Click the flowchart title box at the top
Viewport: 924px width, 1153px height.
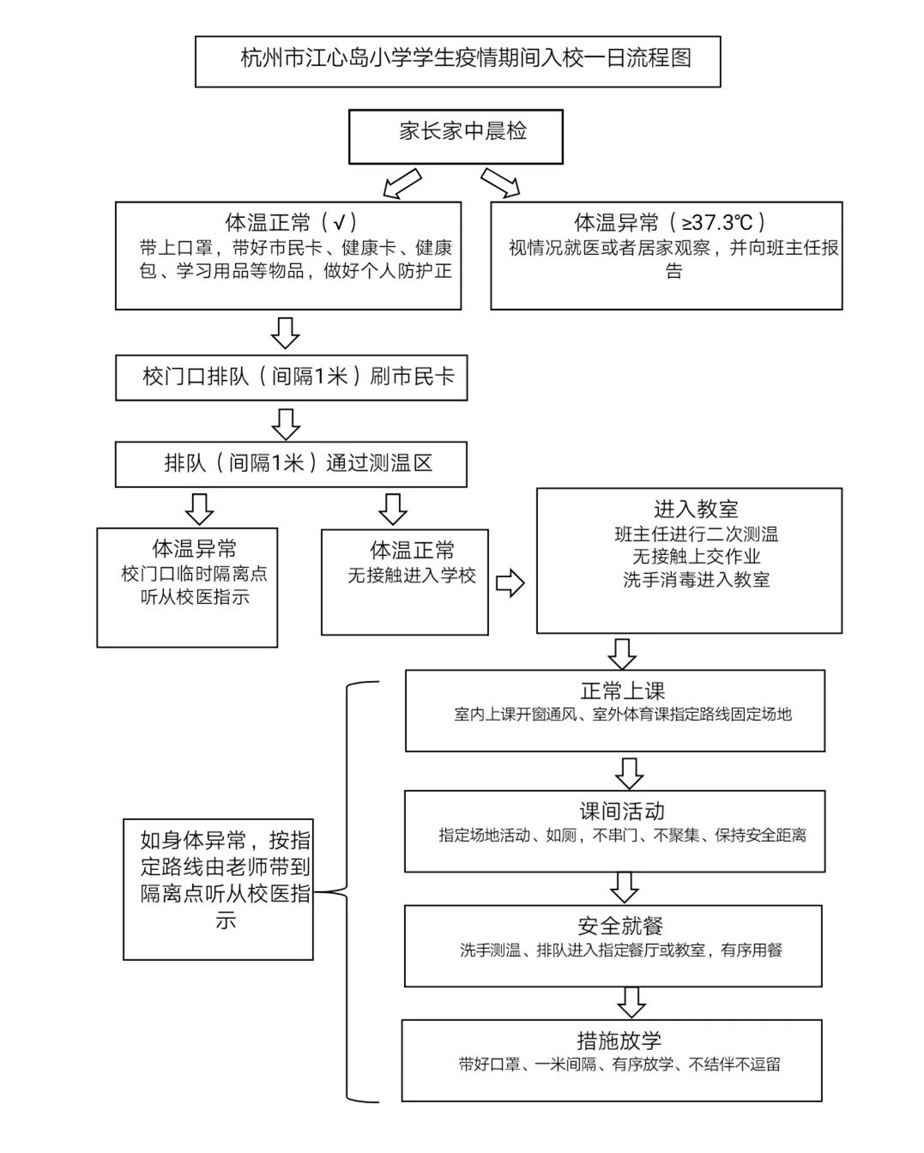click(x=457, y=60)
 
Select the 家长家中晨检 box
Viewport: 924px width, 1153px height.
click(x=456, y=136)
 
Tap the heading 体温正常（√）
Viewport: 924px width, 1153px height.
click(x=291, y=223)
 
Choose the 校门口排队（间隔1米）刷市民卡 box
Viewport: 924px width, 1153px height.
click(x=292, y=377)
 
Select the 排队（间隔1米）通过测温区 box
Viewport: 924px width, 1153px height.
click(x=292, y=464)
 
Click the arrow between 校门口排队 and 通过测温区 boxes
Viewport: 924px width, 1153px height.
click(x=285, y=423)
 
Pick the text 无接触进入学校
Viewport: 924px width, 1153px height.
click(x=412, y=576)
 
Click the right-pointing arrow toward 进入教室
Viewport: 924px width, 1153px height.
click(x=510, y=584)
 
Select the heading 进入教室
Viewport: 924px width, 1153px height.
click(x=696, y=510)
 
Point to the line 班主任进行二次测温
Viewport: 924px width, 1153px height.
click(x=696, y=534)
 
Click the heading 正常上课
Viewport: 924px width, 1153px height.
click(x=622, y=691)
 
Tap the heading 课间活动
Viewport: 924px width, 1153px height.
click(x=622, y=812)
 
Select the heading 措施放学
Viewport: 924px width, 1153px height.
click(x=619, y=1041)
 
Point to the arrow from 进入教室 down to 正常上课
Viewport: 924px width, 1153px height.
click(x=622, y=653)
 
